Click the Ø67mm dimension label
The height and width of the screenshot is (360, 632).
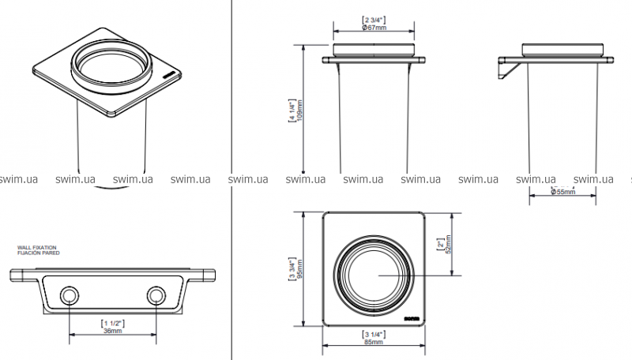pos(374,28)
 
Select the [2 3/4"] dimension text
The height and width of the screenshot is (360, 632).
pos(374,19)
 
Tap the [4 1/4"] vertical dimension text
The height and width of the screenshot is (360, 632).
pos(292,111)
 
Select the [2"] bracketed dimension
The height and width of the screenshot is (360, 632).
pos(441,245)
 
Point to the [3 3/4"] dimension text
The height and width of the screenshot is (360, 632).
pos(292,268)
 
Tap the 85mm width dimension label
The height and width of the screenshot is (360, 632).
pos(374,343)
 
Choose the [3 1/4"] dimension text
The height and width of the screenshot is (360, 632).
pos(374,334)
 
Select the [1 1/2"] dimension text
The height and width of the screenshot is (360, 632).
pos(113,323)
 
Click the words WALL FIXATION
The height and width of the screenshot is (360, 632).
pos(36,247)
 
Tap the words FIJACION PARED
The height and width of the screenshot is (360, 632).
pos(36,253)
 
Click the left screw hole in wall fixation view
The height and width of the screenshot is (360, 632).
pos(70,296)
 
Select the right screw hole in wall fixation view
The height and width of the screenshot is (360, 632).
pos(156,296)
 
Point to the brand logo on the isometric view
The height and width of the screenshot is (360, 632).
pos(168,77)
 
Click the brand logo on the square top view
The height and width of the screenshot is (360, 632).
pos(410,318)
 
